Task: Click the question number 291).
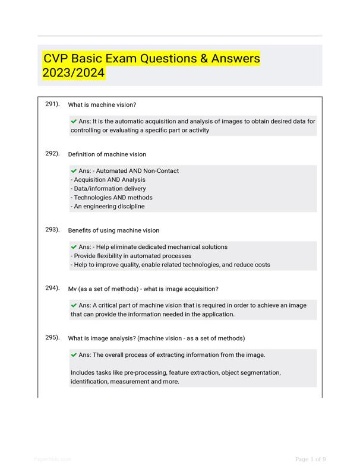pyautogui.click(x=52, y=104)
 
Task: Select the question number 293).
pyautogui.click(x=52, y=229)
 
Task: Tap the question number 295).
pyautogui.click(x=52, y=337)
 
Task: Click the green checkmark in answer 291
pyautogui.click(x=74, y=121)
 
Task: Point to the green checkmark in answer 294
pyautogui.click(x=74, y=305)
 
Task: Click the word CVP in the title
pyautogui.click(x=58, y=59)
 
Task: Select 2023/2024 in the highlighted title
pyautogui.click(x=74, y=73)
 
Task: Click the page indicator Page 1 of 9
pyautogui.click(x=310, y=459)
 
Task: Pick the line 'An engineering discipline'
pyautogui.click(x=107, y=207)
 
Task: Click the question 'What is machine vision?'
pyautogui.click(x=102, y=105)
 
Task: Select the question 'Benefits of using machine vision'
pyautogui.click(x=113, y=230)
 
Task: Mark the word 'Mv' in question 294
pyautogui.click(x=73, y=289)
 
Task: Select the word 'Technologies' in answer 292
pyautogui.click(x=94, y=198)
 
